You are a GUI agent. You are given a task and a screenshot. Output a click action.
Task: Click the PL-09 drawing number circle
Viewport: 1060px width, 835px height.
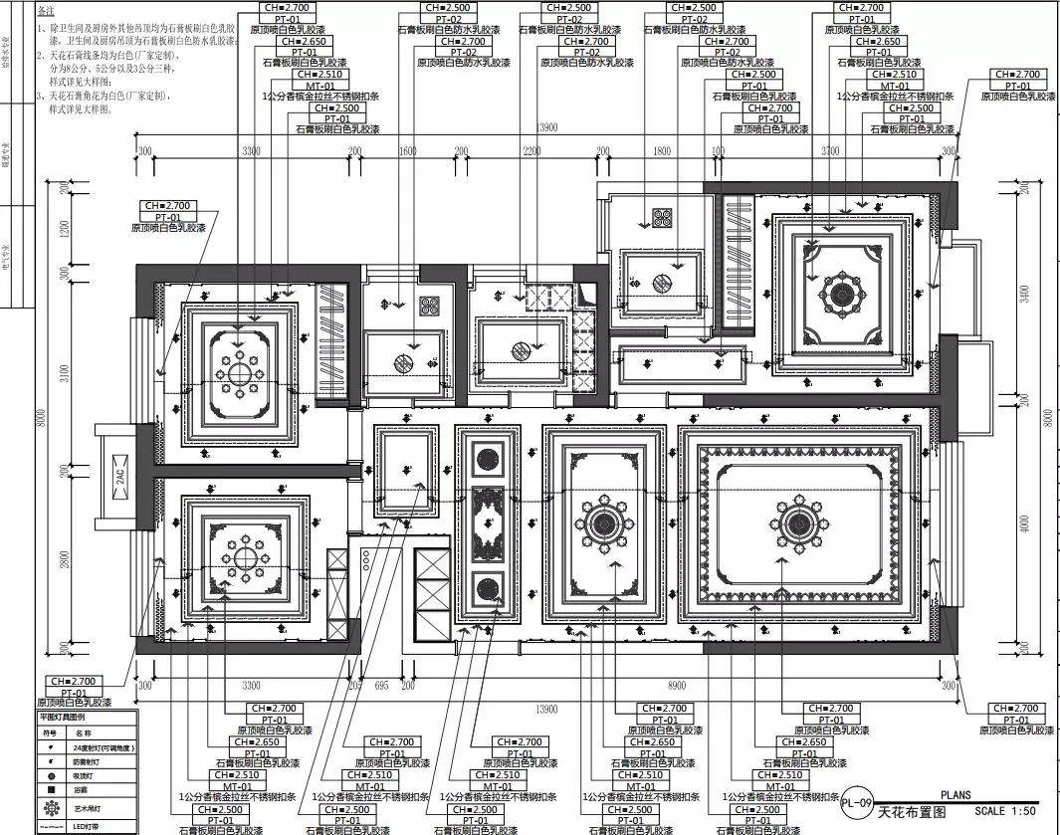(856, 803)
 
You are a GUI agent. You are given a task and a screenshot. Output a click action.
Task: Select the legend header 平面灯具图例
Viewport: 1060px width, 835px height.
(62, 716)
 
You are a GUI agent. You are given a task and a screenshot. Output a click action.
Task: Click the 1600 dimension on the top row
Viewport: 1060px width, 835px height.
(407, 150)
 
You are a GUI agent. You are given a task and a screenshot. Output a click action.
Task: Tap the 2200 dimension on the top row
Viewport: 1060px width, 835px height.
(531, 150)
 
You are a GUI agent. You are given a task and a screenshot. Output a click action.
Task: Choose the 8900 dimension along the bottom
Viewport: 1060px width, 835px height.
(677, 686)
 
